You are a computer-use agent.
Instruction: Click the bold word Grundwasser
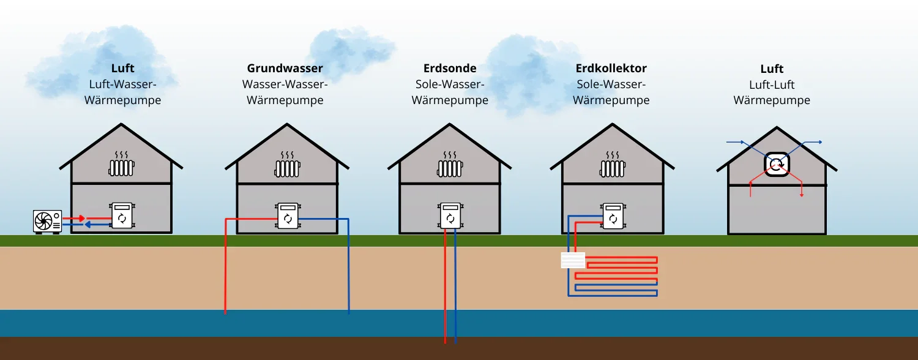tap(285, 69)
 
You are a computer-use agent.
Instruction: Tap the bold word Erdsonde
tap(450, 69)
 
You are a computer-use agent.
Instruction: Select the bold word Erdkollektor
tap(611, 69)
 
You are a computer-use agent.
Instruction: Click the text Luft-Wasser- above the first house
tap(122, 84)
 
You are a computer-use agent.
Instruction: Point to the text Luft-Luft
tap(772, 84)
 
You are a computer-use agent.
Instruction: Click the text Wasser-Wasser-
tap(285, 84)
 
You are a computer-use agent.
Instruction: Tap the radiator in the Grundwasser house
tap(286, 167)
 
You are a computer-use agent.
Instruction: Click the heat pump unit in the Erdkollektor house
tap(612, 216)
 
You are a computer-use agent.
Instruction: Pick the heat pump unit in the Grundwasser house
tap(286, 216)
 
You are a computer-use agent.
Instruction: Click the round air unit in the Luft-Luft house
tap(776, 163)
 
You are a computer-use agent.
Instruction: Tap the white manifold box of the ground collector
tap(573, 260)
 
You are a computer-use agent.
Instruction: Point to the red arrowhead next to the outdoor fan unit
tap(82, 218)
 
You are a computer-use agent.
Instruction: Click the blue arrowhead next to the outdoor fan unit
tap(88, 225)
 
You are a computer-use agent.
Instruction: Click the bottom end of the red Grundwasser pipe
tap(226, 313)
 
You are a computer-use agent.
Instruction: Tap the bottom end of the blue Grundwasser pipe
tap(349, 313)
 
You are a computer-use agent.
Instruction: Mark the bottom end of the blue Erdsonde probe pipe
tap(455, 342)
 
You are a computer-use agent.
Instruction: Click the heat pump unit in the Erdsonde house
tap(450, 216)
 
